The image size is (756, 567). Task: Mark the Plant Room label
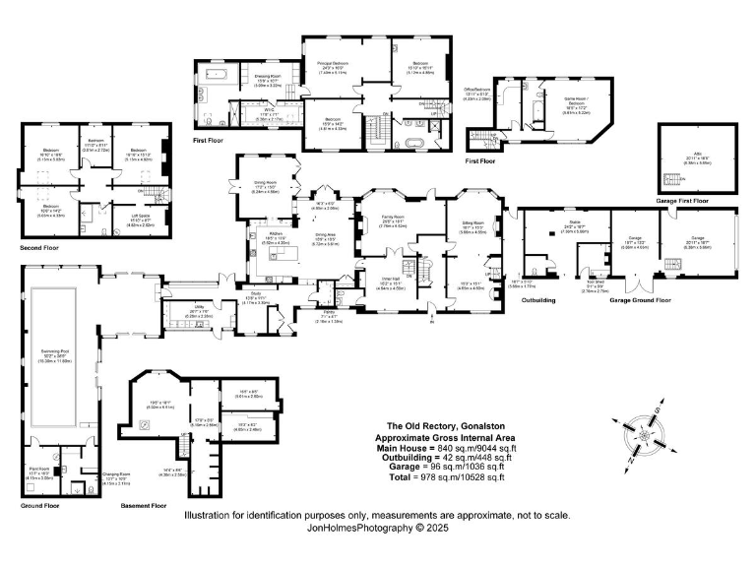(41, 472)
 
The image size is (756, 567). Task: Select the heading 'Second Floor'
(39, 248)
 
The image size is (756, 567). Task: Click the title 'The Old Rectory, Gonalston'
(443, 426)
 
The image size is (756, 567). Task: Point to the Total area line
(443, 477)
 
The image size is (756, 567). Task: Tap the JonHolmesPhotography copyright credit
(377, 527)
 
